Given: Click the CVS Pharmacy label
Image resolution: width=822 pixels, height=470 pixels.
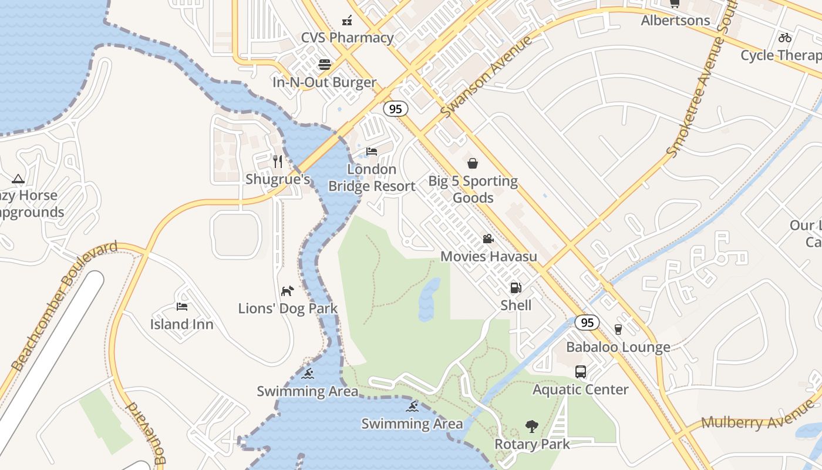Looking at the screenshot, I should pyautogui.click(x=347, y=38).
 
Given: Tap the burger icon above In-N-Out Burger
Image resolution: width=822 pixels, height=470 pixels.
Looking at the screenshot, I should pyautogui.click(x=325, y=64).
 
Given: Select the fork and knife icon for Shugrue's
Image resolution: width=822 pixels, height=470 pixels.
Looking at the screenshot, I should pyautogui.click(x=278, y=161).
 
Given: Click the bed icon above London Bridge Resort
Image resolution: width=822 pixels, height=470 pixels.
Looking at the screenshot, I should pyautogui.click(x=372, y=152).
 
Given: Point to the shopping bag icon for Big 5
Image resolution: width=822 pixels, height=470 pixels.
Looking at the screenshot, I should pyautogui.click(x=473, y=163).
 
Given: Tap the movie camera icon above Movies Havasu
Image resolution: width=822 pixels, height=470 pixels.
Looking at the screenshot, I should pyautogui.click(x=488, y=239).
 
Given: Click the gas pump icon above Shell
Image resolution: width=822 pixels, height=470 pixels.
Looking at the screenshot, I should pyautogui.click(x=516, y=287).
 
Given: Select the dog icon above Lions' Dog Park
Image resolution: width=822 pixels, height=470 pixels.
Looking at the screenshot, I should pyautogui.click(x=287, y=291).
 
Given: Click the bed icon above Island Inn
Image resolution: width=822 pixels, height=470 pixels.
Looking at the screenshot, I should pyautogui.click(x=182, y=306).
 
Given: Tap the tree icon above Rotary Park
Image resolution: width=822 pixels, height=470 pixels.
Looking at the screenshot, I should pyautogui.click(x=532, y=426).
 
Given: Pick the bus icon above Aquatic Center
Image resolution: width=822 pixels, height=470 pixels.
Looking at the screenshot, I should pyautogui.click(x=580, y=371).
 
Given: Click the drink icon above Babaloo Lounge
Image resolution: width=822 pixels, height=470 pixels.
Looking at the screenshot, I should pyautogui.click(x=618, y=329).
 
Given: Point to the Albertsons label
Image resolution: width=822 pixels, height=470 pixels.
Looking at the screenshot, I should pyautogui.click(x=675, y=21).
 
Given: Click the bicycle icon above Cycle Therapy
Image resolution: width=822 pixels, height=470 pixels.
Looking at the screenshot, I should pyautogui.click(x=785, y=38).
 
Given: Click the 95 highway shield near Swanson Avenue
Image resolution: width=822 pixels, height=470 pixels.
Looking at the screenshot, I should pyautogui.click(x=396, y=109).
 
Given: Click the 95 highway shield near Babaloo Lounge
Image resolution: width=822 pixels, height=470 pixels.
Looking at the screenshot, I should pyautogui.click(x=587, y=322).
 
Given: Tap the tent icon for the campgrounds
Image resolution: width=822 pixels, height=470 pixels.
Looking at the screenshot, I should pyautogui.click(x=18, y=179).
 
